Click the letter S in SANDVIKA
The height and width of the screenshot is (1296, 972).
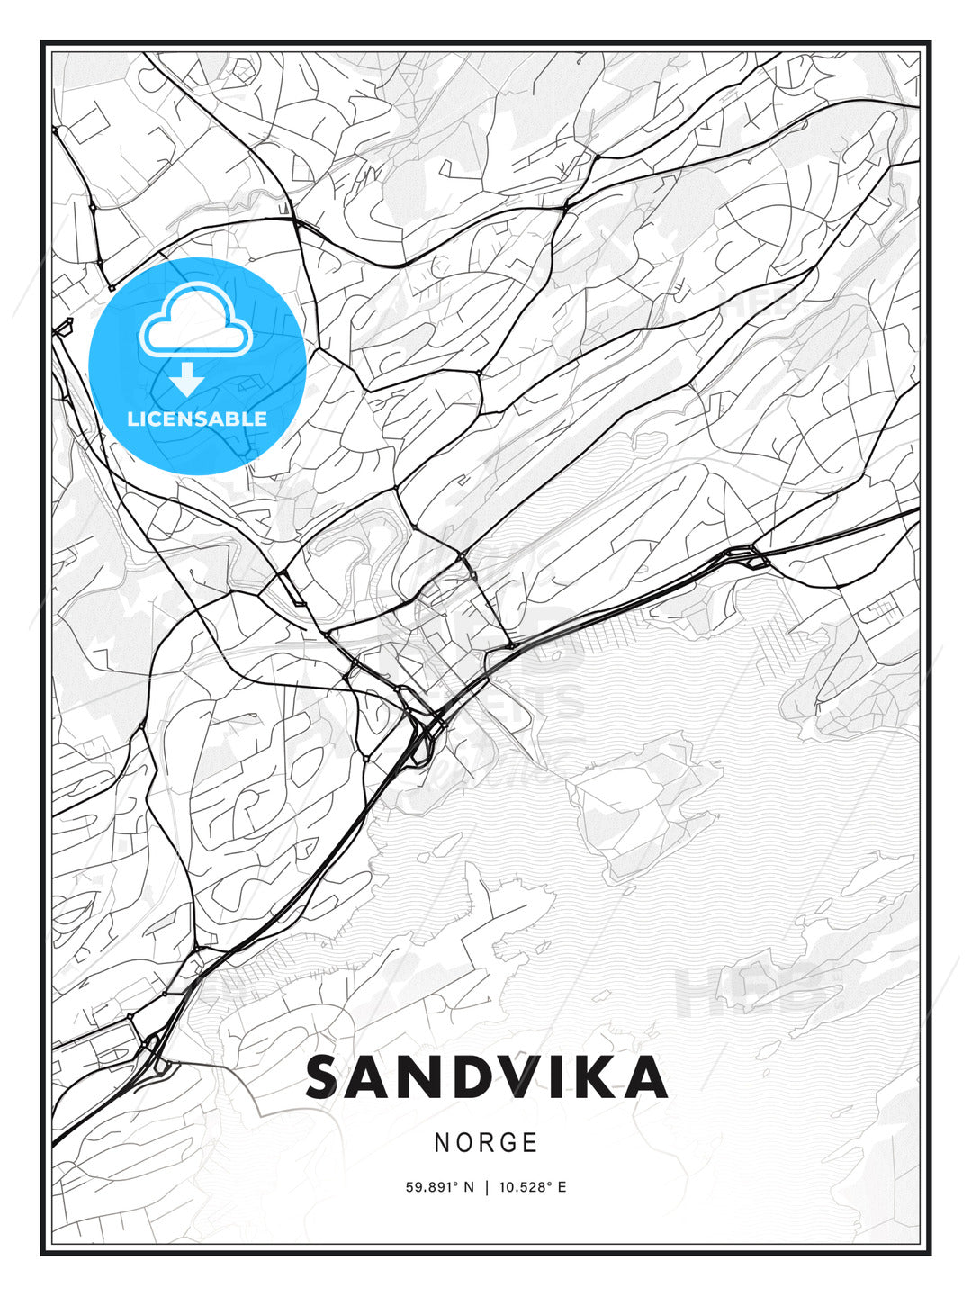[328, 1077]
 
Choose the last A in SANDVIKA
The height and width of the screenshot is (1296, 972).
[648, 1077]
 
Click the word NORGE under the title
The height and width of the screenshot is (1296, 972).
[486, 1143]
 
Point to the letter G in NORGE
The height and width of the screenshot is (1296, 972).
[509, 1143]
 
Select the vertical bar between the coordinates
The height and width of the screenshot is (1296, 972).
[486, 1187]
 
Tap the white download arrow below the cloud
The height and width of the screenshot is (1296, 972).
[187, 380]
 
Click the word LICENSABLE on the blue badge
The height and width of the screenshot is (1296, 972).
[197, 418]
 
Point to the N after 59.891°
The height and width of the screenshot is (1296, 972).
[469, 1187]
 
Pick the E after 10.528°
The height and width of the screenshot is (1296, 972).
[562, 1187]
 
